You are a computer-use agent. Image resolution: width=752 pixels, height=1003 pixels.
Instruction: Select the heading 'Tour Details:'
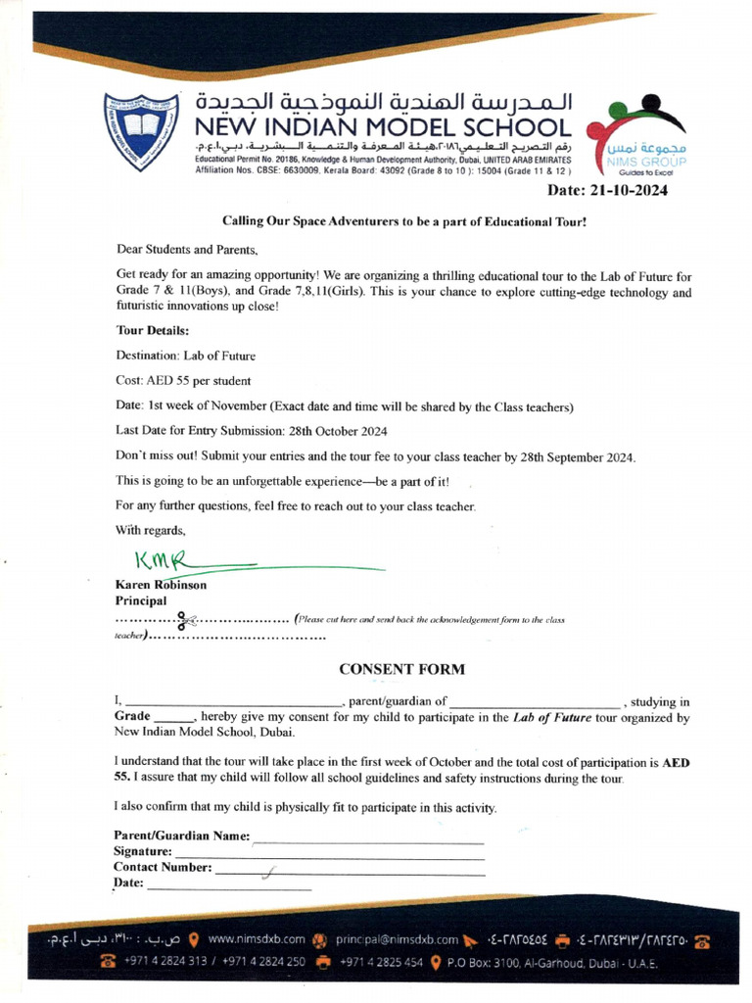pos(153,330)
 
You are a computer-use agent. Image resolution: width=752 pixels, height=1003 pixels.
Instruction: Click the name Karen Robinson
pos(161,585)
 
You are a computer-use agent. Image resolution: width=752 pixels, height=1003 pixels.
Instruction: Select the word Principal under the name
pos(141,600)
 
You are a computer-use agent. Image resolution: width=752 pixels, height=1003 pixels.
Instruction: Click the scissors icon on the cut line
pos(184,619)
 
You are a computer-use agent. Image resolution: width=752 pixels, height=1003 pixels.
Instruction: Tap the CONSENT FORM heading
pos(402,670)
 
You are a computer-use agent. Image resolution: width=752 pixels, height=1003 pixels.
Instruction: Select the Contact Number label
pos(163,868)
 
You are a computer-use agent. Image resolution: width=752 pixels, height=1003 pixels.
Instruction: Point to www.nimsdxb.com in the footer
pos(257,938)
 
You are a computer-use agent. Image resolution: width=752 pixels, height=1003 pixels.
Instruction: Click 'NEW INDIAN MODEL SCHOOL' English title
pos(382,127)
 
